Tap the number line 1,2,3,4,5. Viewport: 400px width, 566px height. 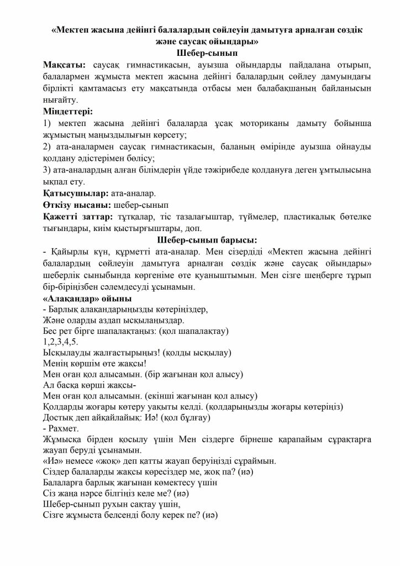tap(56, 342)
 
